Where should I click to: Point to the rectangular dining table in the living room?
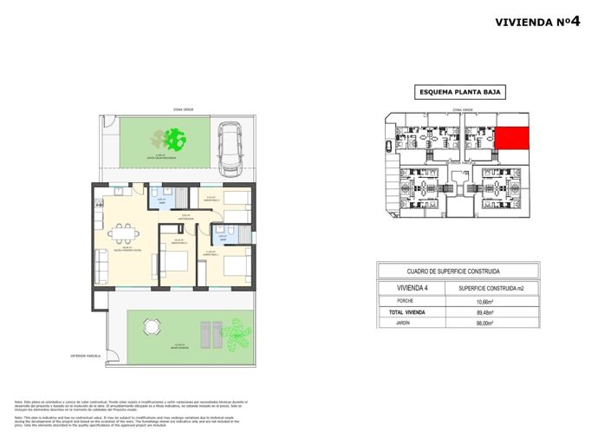pos(122,232)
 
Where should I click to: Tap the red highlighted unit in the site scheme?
pos(511,137)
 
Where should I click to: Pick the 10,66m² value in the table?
pos(484,302)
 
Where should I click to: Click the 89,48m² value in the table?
pos(484,312)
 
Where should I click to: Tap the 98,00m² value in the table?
pos(484,324)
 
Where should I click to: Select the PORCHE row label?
pos(406,302)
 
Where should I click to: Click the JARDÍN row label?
pos(406,324)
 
